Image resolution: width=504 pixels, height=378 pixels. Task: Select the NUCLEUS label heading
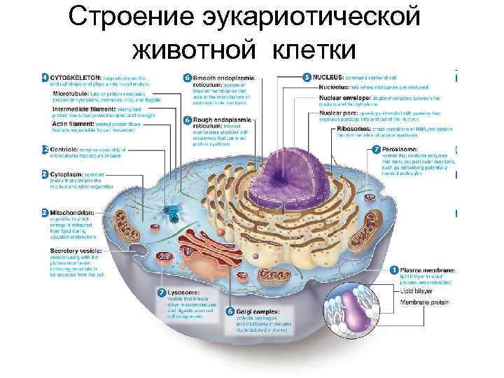click(x=328, y=76)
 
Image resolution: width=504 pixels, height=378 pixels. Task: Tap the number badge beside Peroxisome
click(x=377, y=150)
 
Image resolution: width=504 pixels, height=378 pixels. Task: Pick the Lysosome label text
click(x=185, y=291)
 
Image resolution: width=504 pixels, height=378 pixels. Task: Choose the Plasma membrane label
click(x=428, y=269)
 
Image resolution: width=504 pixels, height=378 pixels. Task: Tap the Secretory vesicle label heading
click(x=77, y=250)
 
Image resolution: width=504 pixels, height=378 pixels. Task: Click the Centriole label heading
click(x=67, y=149)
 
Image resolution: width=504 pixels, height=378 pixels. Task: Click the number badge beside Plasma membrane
click(x=394, y=269)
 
